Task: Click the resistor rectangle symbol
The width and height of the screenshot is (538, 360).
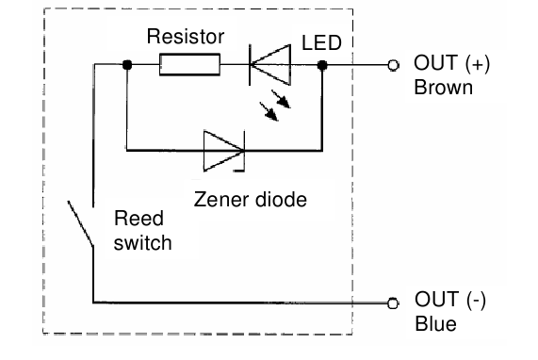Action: coord(189,65)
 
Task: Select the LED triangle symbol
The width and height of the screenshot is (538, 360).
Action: coord(268,65)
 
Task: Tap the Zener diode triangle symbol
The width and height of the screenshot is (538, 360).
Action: coord(222,148)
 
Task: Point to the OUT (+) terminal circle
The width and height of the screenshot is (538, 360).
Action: coord(394,65)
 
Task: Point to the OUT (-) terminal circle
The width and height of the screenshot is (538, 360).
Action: coord(394,303)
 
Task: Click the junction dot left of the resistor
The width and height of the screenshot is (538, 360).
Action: coord(125,65)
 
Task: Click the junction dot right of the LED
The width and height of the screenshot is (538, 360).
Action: coord(322,65)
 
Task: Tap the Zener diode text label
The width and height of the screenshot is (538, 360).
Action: coord(250,200)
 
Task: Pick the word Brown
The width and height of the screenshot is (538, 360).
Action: coord(443,88)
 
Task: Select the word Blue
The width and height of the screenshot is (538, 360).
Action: coord(435,324)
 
